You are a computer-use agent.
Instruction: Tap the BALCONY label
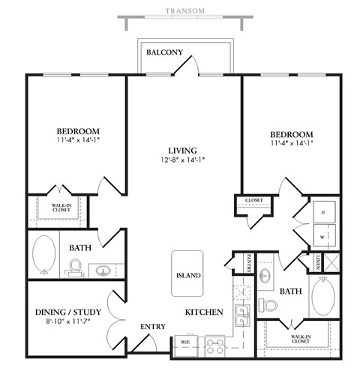pyautogui.click(x=162, y=52)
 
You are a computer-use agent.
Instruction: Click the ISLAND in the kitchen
pyautogui.click(x=187, y=274)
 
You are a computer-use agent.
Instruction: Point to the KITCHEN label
pyautogui.click(x=204, y=310)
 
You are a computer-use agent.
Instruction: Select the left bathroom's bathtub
pyautogui.click(x=44, y=255)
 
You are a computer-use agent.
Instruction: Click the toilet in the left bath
pyautogui.click(x=75, y=267)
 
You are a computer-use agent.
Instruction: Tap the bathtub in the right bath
pyautogui.click(x=324, y=296)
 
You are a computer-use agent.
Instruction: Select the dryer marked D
pyautogui.click(x=324, y=211)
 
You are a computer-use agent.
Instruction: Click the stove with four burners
pyautogui.click(x=215, y=346)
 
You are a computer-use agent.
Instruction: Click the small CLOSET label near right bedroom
pyautogui.click(x=253, y=200)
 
